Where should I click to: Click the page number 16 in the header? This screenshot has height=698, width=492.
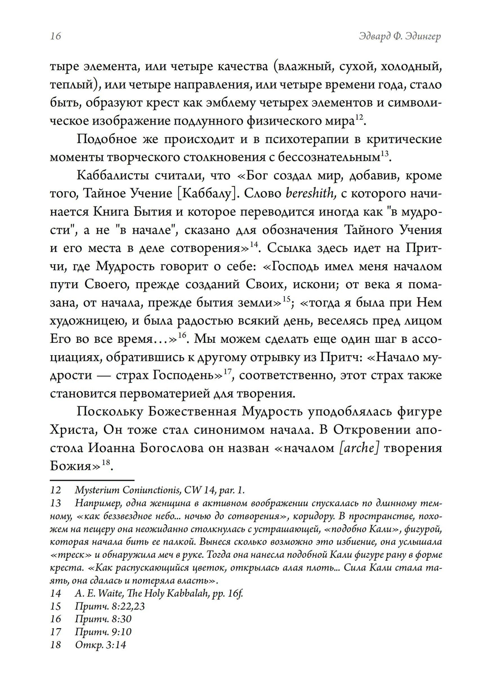click(56, 36)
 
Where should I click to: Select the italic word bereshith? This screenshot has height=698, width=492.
click(310, 193)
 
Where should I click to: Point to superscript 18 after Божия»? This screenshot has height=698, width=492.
click(105, 462)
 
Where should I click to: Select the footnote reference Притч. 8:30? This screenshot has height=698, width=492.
click(103, 619)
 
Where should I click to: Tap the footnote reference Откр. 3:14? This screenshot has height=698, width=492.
click(101, 644)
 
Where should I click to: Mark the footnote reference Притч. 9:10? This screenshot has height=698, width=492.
click(103, 632)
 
